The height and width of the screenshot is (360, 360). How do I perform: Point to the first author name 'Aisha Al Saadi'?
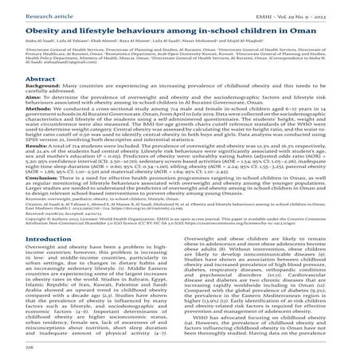click(21, 41)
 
